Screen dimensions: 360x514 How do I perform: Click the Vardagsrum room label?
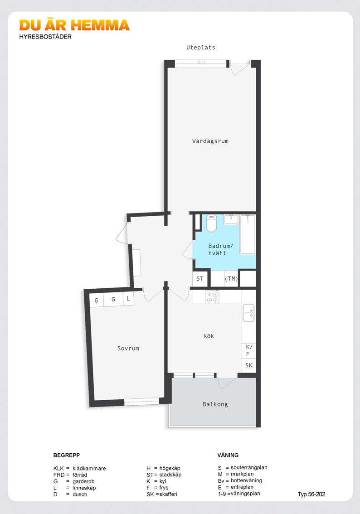210,141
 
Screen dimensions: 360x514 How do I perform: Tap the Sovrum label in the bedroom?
128,349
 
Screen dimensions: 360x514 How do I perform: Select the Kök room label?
209,336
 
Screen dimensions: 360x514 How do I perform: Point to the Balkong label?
215,404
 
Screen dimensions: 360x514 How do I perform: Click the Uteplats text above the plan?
201,48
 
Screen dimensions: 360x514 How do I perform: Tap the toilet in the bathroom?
211,223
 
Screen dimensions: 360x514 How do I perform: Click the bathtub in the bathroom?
248,235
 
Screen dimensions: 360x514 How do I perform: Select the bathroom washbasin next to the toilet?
231,220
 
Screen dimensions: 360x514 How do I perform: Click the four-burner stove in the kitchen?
212,297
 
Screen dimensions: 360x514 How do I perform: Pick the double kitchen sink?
248,313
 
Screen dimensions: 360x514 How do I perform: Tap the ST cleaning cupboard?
200,279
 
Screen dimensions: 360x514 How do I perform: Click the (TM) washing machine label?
231,279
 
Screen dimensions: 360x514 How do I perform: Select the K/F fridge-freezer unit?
248,351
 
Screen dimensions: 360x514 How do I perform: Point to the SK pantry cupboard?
248,365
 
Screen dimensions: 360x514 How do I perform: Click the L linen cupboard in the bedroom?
128,299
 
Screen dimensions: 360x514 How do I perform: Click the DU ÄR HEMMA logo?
74,25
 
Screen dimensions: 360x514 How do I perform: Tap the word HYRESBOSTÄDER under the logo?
45,37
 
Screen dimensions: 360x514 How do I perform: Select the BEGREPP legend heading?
67,455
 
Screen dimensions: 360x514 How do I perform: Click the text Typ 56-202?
311,495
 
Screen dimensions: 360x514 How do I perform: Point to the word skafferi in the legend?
168,494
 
